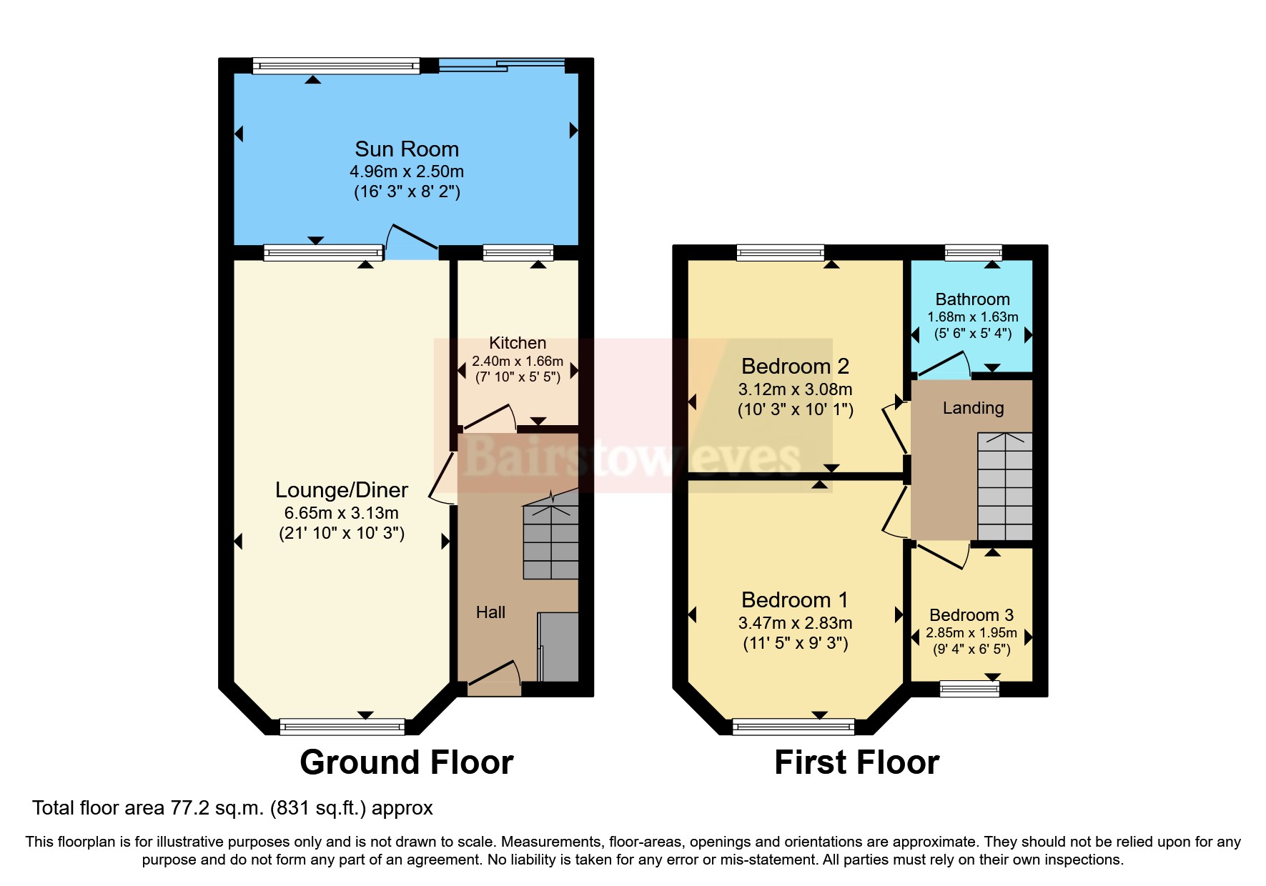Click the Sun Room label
pyautogui.click(x=407, y=149)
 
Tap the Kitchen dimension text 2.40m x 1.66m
pyautogui.click(x=517, y=362)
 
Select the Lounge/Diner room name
pyautogui.click(x=342, y=490)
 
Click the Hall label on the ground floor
pyautogui.click(x=490, y=612)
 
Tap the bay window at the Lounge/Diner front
pyautogui.click(x=342, y=727)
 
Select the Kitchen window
pyautogui.click(x=518, y=252)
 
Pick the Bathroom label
pyautogui.click(x=972, y=299)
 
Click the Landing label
pyautogui.click(x=973, y=408)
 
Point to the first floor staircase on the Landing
pyautogui.click(x=1004, y=486)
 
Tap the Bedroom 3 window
pyautogui.click(x=969, y=689)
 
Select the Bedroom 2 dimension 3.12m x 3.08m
pyautogui.click(x=795, y=389)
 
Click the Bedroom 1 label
pyautogui.click(x=794, y=600)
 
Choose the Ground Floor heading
pyautogui.click(x=406, y=762)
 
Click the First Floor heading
pyautogui.click(x=856, y=762)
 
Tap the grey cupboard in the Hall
pyautogui.click(x=558, y=647)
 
